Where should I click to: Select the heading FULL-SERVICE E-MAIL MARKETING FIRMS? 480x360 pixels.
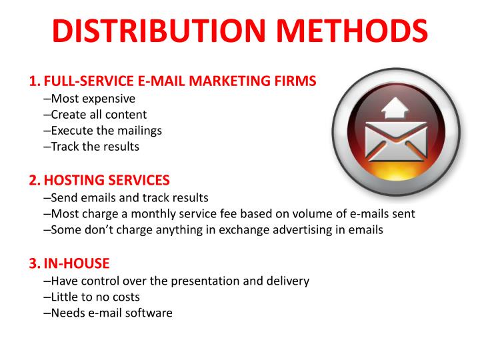point(179,82)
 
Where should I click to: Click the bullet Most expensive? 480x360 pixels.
point(92,99)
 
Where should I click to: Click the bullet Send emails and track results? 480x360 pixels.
point(129,197)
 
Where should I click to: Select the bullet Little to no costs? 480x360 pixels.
point(95,297)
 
